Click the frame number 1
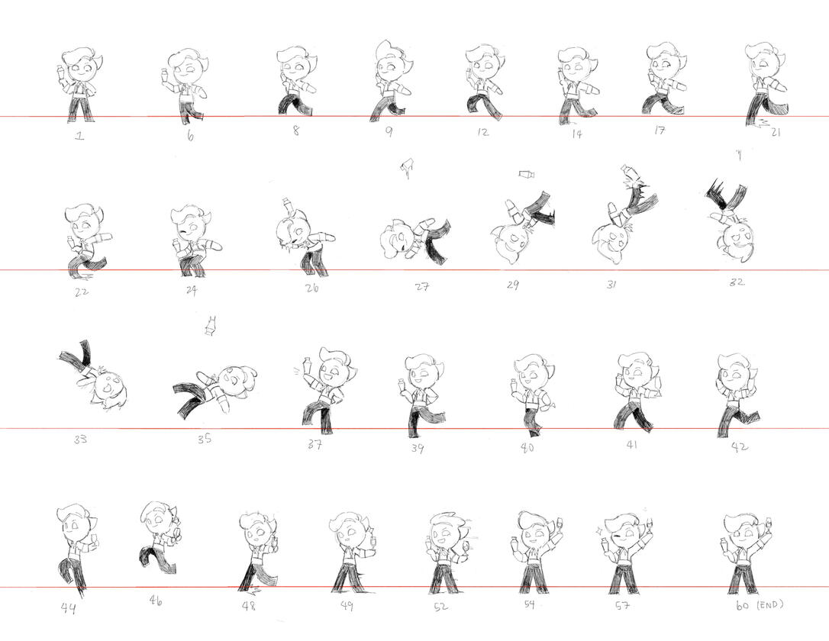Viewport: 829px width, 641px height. (x=79, y=136)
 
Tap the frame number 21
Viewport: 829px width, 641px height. (x=775, y=132)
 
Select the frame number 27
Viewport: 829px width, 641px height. (x=421, y=286)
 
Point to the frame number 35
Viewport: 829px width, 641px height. (x=205, y=438)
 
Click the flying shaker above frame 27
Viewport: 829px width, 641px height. (x=407, y=168)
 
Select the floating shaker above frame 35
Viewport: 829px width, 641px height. (x=211, y=326)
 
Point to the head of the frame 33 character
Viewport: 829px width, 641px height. (x=108, y=391)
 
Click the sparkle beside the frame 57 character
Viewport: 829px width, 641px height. (x=599, y=528)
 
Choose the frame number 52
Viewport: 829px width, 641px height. (x=440, y=606)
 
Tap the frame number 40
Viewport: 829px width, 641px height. (x=527, y=448)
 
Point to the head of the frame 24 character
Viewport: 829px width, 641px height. (x=189, y=222)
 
